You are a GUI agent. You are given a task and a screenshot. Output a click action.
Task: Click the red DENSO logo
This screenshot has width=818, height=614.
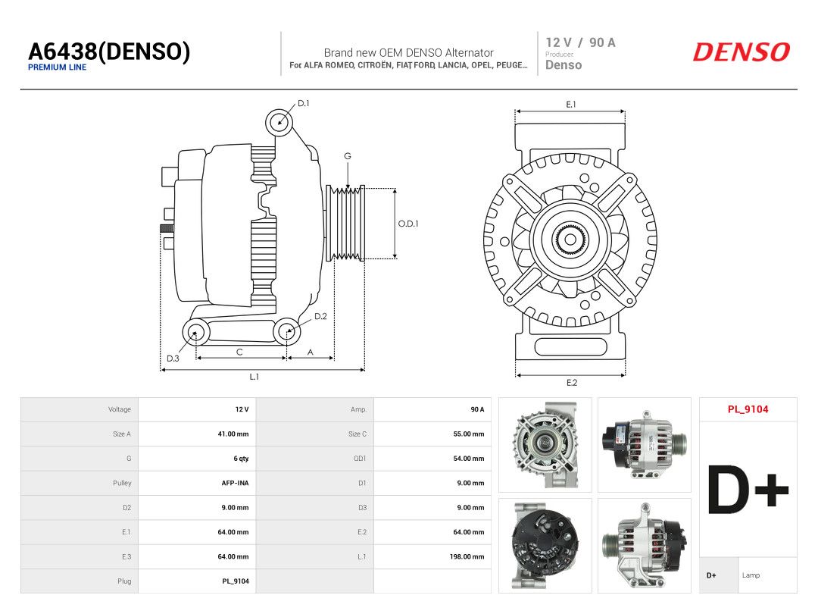pyautogui.click(x=742, y=52)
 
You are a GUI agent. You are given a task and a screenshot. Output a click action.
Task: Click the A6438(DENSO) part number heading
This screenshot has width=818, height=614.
pyautogui.click(x=109, y=52)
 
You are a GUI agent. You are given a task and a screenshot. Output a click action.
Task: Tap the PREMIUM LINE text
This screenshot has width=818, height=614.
pyautogui.click(x=58, y=67)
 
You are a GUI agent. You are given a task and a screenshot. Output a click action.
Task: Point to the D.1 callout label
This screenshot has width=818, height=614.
pyautogui.click(x=304, y=103)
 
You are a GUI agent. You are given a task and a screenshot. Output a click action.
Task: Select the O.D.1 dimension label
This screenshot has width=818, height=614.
pyautogui.click(x=408, y=224)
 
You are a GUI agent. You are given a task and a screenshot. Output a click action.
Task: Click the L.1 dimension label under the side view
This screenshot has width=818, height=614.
pyautogui.click(x=254, y=377)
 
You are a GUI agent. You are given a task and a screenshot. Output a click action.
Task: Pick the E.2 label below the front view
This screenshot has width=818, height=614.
pyautogui.click(x=572, y=383)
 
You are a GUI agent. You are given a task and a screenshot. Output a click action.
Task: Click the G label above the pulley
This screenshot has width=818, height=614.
pyautogui.click(x=348, y=156)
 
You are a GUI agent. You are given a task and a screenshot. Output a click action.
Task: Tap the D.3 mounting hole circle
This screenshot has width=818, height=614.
pyautogui.click(x=195, y=332)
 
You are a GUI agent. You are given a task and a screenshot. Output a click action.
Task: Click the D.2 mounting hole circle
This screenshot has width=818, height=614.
pyautogui.click(x=287, y=331)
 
